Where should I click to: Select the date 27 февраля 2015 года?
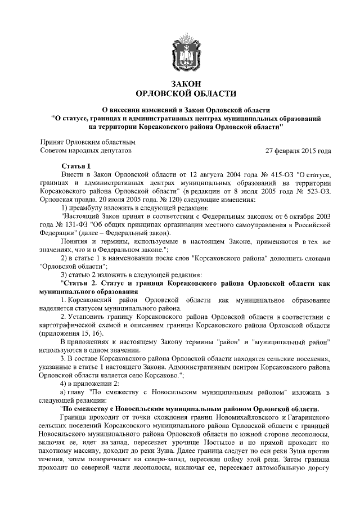(x=298, y=151)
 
